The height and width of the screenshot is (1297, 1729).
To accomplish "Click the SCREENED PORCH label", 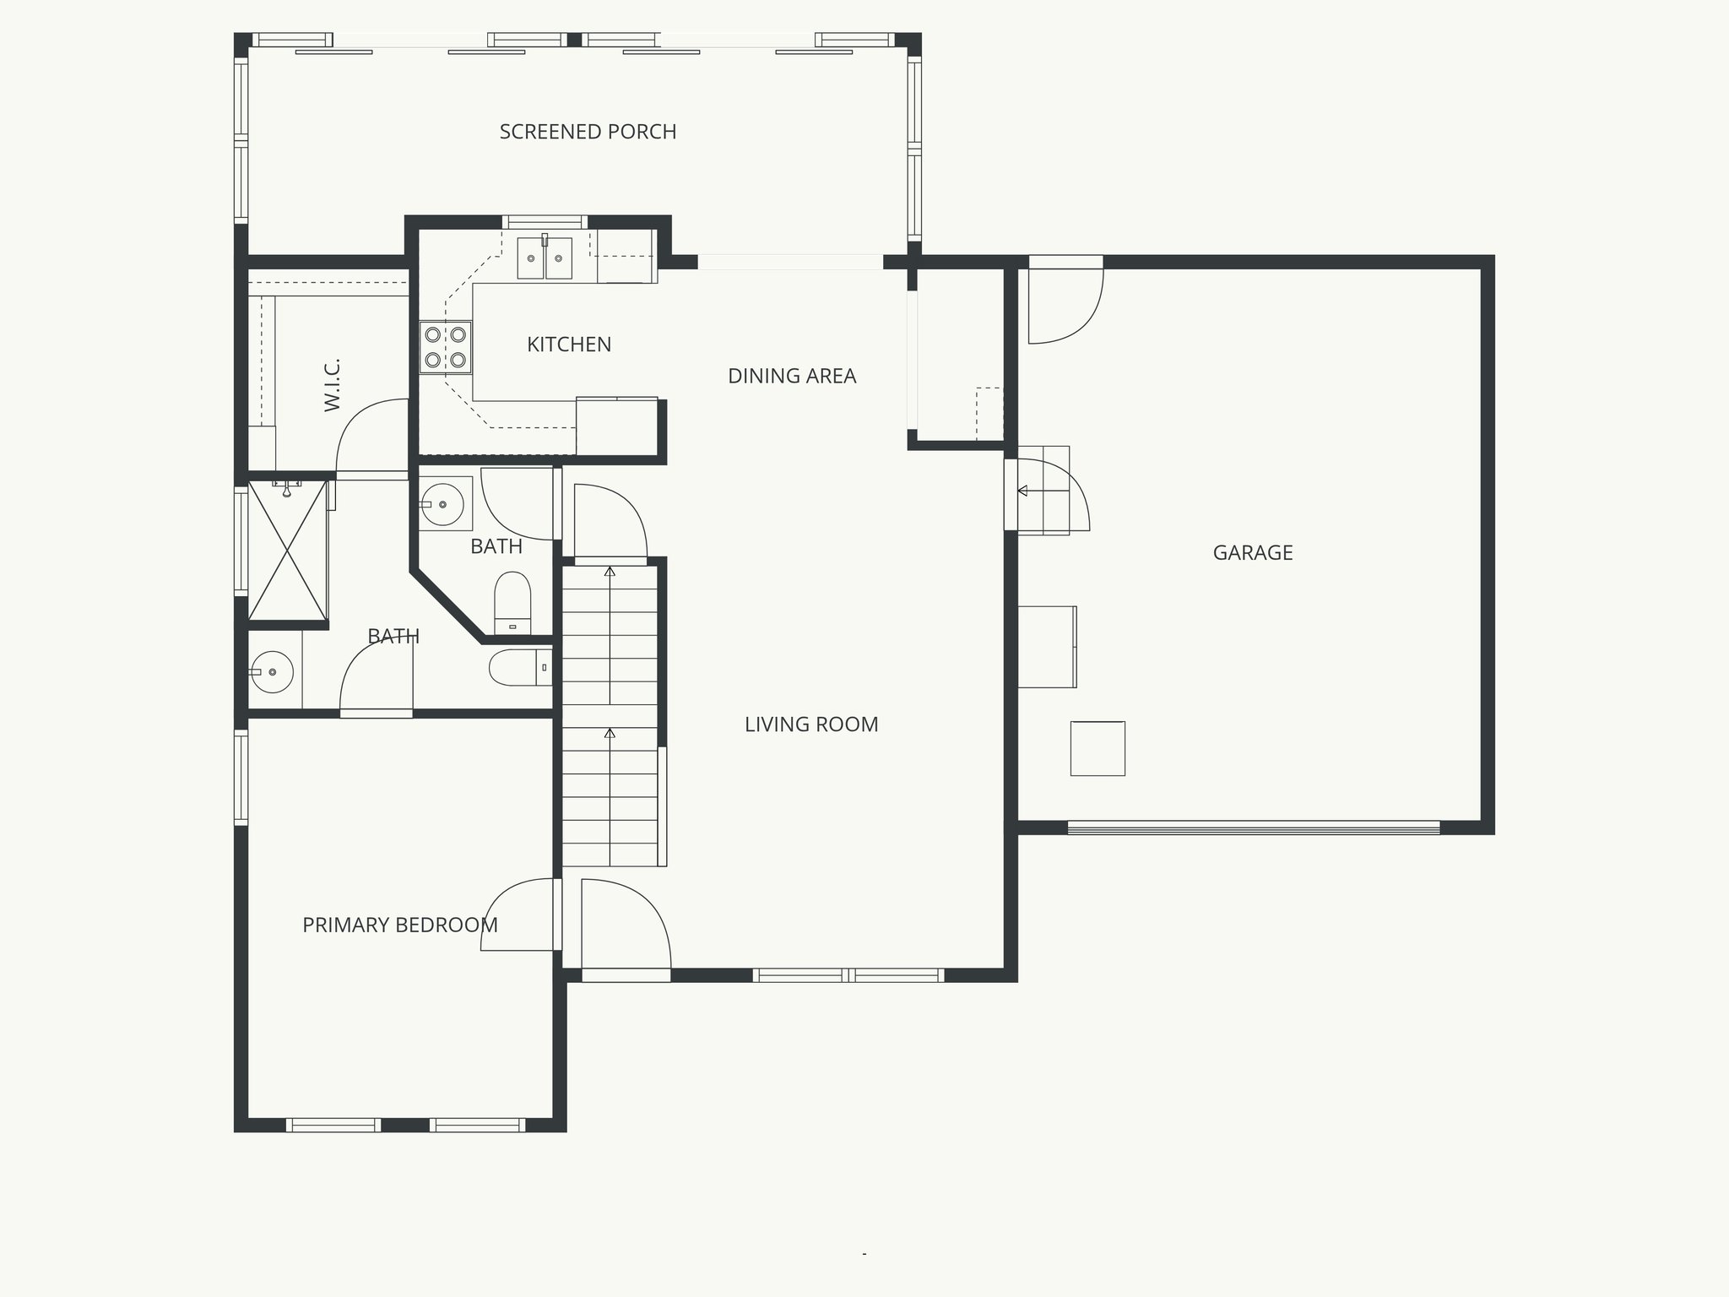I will point(588,132).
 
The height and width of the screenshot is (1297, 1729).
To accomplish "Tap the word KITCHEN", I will point(569,345).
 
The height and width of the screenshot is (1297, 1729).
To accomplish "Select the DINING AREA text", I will point(792,376).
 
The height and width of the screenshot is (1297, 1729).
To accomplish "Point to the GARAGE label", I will point(1253,553).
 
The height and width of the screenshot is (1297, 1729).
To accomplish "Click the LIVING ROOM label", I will point(811,724).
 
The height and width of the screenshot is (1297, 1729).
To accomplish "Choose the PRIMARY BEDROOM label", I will point(399,925).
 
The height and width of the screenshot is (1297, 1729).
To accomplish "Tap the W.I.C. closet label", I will point(332,385).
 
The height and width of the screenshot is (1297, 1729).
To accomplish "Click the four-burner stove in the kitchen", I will point(446,347).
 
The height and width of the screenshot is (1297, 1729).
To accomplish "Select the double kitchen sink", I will point(545,258).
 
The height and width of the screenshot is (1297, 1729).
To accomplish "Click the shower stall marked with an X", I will point(288,551).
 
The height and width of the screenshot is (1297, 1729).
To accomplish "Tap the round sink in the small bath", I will point(442,504).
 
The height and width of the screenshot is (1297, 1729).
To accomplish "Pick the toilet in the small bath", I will point(512,602).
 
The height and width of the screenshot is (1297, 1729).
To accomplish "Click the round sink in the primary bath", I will point(272,672).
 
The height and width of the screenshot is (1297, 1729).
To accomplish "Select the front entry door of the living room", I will point(626,929).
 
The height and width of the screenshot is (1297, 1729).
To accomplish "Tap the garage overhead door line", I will point(1254,828).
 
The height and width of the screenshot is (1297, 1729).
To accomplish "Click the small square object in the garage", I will point(1098,748).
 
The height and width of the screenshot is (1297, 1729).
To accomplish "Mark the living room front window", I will point(848,975).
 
